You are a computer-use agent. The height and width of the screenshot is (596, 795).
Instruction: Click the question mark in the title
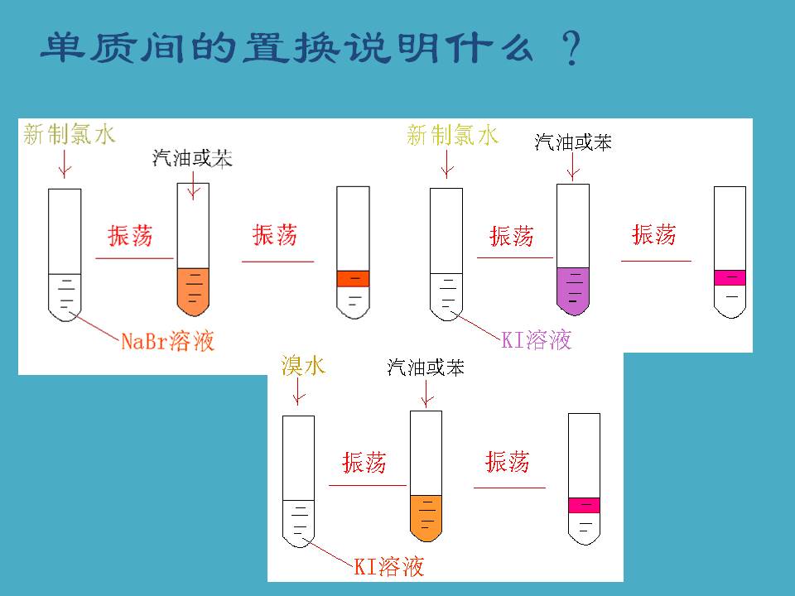point(569,51)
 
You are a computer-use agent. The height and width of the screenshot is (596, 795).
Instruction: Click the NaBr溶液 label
point(167,341)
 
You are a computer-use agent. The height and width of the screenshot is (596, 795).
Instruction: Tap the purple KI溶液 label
point(537,339)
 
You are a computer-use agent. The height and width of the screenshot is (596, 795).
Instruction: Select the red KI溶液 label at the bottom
point(389,567)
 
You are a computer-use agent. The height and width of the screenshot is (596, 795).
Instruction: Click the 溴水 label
point(303,366)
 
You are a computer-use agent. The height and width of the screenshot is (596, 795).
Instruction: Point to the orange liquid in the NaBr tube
point(194,290)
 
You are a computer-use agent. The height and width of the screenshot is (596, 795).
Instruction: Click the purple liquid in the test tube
point(572,287)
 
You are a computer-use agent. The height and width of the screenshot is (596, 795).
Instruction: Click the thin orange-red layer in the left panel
point(353,279)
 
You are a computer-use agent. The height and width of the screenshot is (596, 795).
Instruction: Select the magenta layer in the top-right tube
point(730,277)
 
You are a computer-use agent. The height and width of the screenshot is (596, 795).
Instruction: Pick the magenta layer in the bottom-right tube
point(584,505)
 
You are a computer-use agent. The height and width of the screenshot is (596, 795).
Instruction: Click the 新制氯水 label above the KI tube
point(453,135)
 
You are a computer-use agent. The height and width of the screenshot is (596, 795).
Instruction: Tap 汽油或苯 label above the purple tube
point(573,142)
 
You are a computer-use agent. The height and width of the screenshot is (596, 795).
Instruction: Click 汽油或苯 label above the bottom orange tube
point(426,368)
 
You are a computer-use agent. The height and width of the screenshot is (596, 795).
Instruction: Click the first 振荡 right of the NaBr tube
point(131,236)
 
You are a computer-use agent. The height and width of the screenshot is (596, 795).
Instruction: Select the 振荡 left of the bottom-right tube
point(508,462)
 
